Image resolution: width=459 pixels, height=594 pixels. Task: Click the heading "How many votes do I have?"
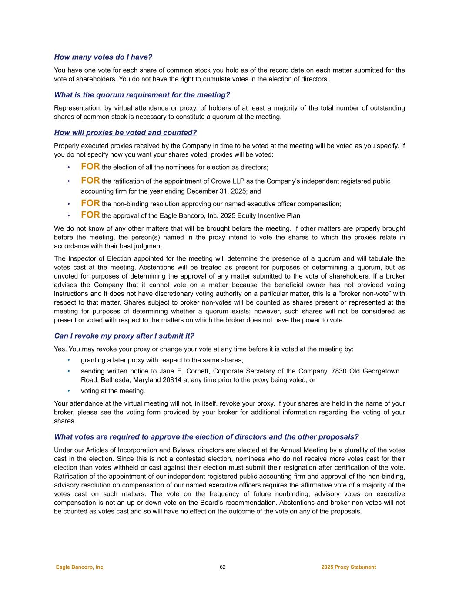(103, 57)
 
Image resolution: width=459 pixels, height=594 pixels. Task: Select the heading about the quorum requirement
(142, 95)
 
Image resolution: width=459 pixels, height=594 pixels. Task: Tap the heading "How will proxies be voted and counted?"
(125, 133)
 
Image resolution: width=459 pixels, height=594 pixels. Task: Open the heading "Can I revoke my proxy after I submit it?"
(124, 336)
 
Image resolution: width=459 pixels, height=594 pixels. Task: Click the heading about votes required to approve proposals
(206, 437)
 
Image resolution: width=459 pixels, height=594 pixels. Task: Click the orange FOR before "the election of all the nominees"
(90, 167)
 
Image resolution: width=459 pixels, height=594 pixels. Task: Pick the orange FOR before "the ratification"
(90, 181)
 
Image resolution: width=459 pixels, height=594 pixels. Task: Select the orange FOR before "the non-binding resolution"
(90, 203)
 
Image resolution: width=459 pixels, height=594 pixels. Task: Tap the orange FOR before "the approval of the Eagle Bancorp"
(90, 215)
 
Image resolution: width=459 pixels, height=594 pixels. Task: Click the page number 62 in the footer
(223, 567)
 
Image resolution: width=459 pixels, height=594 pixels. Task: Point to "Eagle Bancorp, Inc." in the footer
(80, 567)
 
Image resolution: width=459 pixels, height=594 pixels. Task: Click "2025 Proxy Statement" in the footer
(348, 567)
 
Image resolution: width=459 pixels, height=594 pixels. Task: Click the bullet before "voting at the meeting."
(69, 391)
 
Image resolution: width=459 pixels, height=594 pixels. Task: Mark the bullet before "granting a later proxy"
(69, 360)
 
